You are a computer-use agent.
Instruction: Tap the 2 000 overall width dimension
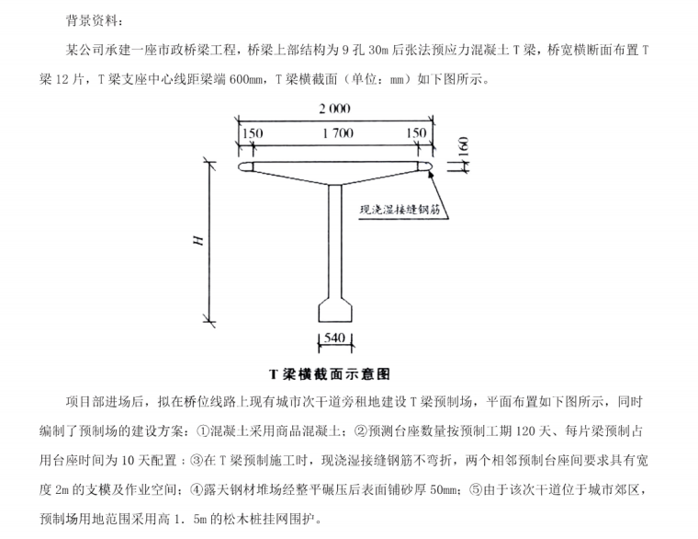pyautogui.click(x=334, y=109)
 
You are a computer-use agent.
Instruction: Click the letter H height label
pyautogui.click(x=197, y=240)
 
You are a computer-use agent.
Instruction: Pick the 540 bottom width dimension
pyautogui.click(x=334, y=338)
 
